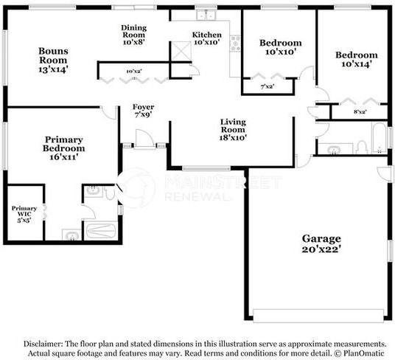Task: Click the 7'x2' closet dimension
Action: (268, 87)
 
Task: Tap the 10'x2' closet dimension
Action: (133, 72)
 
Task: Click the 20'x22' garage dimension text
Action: (321, 249)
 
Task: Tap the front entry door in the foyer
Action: (144, 139)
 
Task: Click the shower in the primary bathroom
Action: (101, 230)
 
